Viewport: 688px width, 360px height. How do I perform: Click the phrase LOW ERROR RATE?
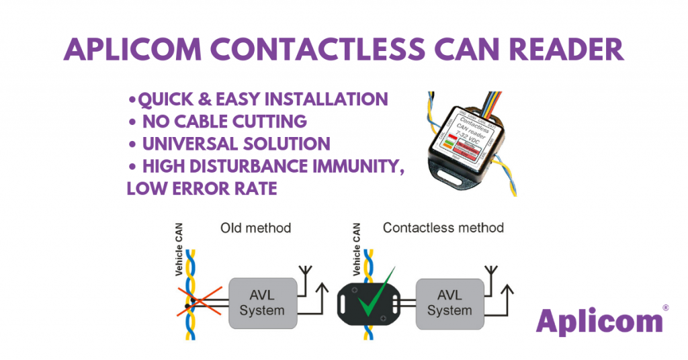coord(202,189)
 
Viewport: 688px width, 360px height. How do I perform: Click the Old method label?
coord(255,228)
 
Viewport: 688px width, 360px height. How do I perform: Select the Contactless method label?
coord(443,228)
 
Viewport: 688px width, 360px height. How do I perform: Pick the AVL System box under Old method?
coord(262,303)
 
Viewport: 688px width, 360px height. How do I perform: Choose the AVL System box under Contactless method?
coord(449,303)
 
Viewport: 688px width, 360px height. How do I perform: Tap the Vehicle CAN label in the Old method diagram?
coord(179,250)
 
